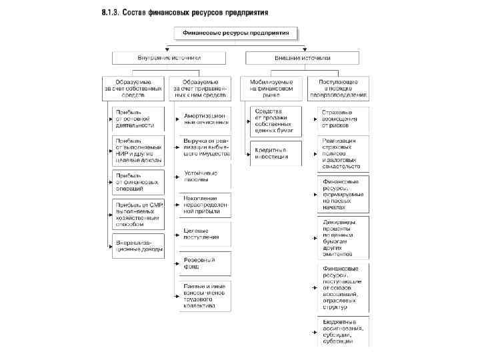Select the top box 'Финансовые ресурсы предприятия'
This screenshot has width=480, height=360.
point(236,33)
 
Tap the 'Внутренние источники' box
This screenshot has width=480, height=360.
point(169,58)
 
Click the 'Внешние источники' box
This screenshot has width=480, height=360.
point(303,58)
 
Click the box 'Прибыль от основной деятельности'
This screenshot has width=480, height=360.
point(138,119)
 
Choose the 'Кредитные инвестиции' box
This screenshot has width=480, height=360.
point(275,153)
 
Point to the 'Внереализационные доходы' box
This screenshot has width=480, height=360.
point(138,246)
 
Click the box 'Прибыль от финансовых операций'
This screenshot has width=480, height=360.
point(138,182)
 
